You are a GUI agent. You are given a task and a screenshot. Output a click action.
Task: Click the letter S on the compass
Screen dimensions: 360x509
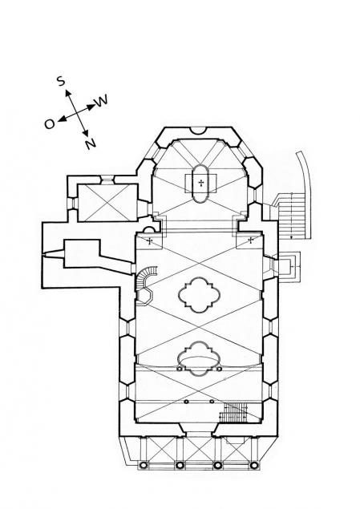click(x=61, y=80)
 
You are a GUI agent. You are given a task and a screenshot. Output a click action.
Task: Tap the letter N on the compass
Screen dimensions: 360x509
click(x=91, y=143)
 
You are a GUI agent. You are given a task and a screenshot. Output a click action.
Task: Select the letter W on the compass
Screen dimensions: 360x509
click(x=101, y=101)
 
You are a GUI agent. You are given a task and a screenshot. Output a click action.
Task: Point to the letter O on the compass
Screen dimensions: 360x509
click(x=50, y=123)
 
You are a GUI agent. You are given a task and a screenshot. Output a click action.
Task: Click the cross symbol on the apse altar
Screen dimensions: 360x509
click(x=201, y=183)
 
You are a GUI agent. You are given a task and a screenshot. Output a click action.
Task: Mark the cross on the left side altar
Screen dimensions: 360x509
click(x=150, y=240)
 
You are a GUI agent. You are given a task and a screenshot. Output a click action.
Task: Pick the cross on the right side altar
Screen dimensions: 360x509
click(x=251, y=240)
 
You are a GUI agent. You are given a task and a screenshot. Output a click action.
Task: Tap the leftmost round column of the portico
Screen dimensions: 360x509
click(x=143, y=466)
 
